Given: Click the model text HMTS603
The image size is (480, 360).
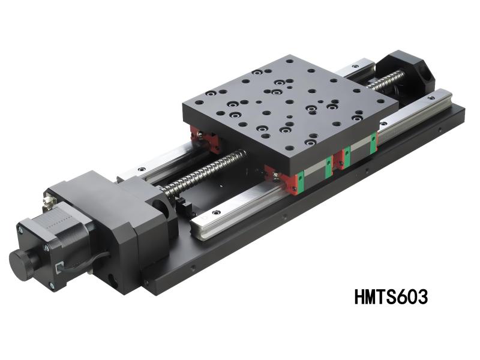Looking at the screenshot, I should [x=391, y=296].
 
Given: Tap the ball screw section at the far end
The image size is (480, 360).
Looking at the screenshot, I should [x=390, y=77].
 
